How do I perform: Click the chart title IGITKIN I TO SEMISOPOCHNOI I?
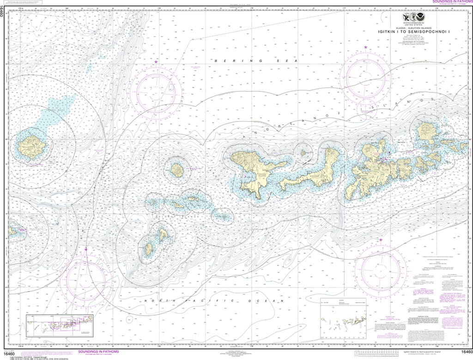tap(421, 31)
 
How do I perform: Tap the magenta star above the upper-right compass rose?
tap(366, 48)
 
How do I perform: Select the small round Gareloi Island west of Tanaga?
tap(177, 170)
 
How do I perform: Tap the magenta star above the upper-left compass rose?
tap(156, 61)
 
